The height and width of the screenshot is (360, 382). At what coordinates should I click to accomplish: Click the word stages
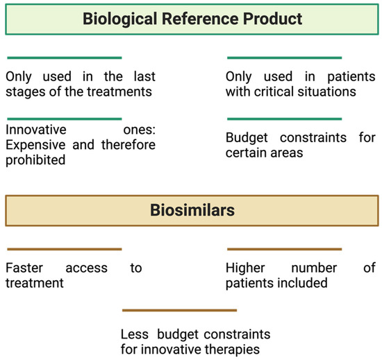point(24,92)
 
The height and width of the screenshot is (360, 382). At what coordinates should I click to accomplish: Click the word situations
point(329,92)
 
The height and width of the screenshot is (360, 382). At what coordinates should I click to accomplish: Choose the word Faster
point(25,268)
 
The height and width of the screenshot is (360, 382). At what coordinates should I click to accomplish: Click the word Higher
point(246,268)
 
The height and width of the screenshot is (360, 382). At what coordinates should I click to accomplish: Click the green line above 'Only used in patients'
point(285,58)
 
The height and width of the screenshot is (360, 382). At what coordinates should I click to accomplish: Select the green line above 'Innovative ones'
point(63,119)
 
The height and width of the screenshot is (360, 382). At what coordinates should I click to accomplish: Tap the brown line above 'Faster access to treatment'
point(63,249)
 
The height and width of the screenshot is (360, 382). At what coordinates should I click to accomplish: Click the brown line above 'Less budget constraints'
point(180,310)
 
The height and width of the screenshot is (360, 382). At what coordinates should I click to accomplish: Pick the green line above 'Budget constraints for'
point(285,119)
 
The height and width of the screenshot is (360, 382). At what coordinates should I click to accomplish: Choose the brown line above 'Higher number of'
point(285,249)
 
